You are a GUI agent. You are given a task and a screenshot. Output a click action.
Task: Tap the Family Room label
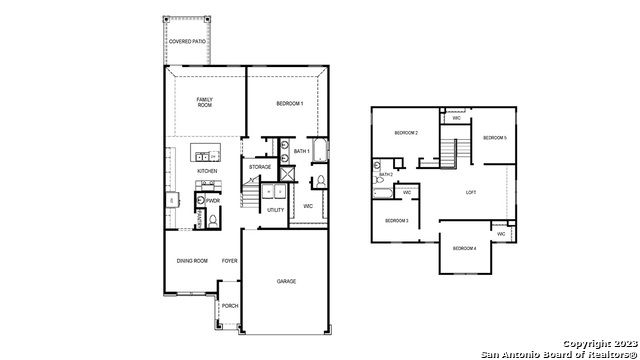[204, 102]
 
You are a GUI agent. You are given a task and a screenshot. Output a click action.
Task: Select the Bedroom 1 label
[289, 103]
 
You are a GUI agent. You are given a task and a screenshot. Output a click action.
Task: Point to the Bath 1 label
[301, 151]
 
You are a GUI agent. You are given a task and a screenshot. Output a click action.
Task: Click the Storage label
[260, 167]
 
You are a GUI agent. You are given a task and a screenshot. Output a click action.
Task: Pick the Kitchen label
[207, 171]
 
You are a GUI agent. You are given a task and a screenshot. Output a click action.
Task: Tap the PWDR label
[213, 200]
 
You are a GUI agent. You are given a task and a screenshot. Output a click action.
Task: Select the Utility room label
[275, 210]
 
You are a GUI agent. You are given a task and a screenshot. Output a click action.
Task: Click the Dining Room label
[192, 260]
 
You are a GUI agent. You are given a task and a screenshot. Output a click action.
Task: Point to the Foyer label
[229, 260]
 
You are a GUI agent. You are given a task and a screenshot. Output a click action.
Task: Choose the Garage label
[286, 282]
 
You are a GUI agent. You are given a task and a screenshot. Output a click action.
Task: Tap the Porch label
[229, 306]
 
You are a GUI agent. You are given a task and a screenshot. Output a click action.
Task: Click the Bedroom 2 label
[405, 133]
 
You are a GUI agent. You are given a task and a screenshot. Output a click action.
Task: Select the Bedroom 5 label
[495, 137]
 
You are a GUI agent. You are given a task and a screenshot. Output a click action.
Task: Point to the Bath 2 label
[385, 174]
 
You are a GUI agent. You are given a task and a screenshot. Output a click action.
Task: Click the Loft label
[471, 192]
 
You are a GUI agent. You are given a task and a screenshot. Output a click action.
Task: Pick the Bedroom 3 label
[397, 220]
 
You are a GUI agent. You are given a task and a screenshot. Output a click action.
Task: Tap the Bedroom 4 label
[464, 248]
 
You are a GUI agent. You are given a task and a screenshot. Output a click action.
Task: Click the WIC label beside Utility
[308, 205]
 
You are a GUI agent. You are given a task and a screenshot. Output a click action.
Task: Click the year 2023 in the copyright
[619, 343]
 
